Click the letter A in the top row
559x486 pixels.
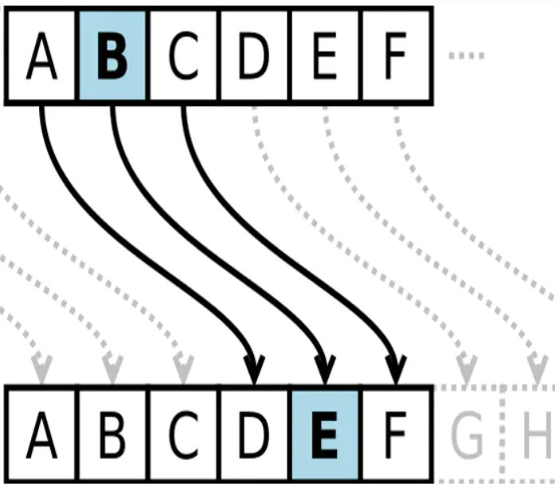point(41,56)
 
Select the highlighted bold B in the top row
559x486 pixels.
point(112,56)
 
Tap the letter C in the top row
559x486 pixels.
point(183,56)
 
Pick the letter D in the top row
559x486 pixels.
point(254,56)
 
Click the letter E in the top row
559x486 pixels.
point(325,56)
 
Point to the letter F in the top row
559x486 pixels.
point(396,56)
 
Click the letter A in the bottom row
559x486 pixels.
point(41,435)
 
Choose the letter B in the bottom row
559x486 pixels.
point(112,435)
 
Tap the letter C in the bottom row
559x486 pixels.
point(183,435)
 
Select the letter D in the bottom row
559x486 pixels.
point(254,435)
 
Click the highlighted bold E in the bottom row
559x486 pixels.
point(325,435)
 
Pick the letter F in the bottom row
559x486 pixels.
point(396,435)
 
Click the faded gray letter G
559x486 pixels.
point(467,435)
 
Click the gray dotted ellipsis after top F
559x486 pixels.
point(467,56)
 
